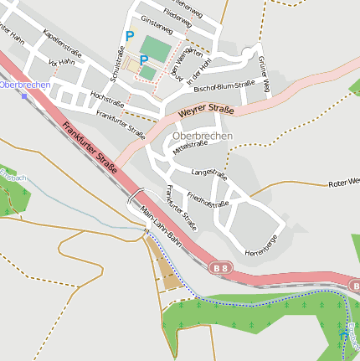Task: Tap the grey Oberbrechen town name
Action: [202, 135]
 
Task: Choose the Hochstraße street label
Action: [106, 100]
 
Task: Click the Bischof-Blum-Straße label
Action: [224, 85]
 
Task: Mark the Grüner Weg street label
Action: [265, 75]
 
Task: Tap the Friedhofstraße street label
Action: [208, 199]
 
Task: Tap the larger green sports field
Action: [154, 47]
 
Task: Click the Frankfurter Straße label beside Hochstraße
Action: [121, 123]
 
